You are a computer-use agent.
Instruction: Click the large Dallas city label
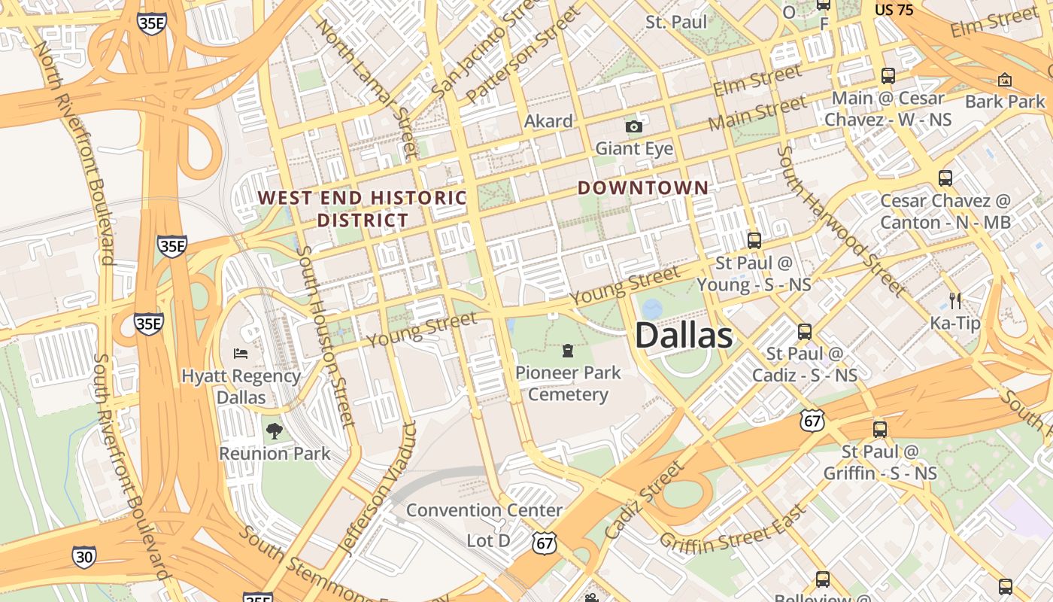(x=684, y=336)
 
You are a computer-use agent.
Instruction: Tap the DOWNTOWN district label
(x=643, y=188)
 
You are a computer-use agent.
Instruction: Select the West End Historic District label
(x=363, y=208)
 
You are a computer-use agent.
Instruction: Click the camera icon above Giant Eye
(x=634, y=126)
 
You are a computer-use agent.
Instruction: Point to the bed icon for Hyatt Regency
(x=241, y=354)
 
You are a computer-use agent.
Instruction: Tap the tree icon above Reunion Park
(x=275, y=431)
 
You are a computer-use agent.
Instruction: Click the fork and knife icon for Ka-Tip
(x=955, y=301)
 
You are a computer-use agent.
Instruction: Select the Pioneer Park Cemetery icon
(x=568, y=351)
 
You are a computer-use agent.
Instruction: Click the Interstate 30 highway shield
(x=84, y=557)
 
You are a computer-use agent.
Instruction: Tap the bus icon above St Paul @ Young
(x=754, y=241)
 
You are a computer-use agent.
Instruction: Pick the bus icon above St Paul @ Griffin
(x=879, y=430)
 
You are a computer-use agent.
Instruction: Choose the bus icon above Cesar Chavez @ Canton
(x=945, y=178)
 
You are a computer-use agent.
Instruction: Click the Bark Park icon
(x=1005, y=80)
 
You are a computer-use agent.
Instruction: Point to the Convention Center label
(x=484, y=510)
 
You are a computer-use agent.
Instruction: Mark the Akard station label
(x=548, y=120)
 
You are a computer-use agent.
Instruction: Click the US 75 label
(x=894, y=10)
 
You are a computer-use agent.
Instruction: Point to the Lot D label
(x=488, y=541)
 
